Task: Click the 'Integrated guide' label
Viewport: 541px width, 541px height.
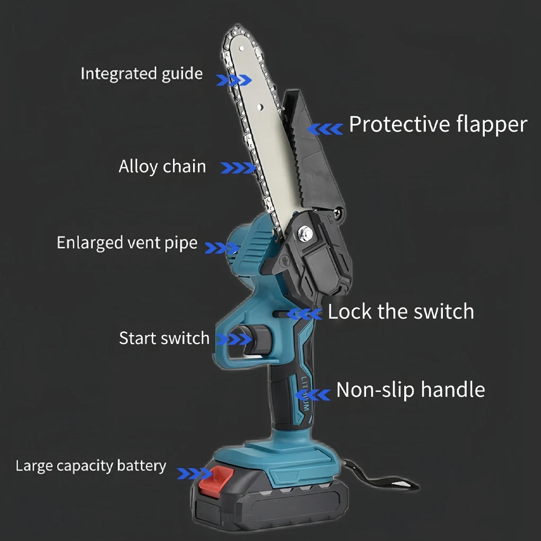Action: coord(142,74)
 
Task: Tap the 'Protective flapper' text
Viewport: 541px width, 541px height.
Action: coord(438,125)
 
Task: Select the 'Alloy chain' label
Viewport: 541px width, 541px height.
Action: coord(162,167)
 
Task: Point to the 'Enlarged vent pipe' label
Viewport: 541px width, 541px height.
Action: coord(127,243)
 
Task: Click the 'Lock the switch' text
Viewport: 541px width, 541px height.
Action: coord(401,311)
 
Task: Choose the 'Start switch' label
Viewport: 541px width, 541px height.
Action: coord(164,338)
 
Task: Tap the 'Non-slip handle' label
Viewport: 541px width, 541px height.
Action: coord(411,390)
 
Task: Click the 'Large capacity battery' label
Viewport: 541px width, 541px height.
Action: coord(91,466)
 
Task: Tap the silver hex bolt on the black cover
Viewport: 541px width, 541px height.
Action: coord(305,233)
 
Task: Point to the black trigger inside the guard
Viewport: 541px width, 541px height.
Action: coord(255,340)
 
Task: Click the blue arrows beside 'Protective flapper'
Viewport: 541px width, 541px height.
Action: coord(325,129)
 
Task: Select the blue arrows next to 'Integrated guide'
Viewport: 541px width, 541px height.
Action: coord(234,80)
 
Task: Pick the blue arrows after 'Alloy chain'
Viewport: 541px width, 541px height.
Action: coord(238,168)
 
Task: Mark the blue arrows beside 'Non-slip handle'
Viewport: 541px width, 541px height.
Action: coord(313,395)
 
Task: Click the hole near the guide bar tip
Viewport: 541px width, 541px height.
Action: coord(242,48)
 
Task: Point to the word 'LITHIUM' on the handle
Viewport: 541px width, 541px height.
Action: coord(304,394)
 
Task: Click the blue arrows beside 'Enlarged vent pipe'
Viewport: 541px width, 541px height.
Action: coord(222,248)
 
